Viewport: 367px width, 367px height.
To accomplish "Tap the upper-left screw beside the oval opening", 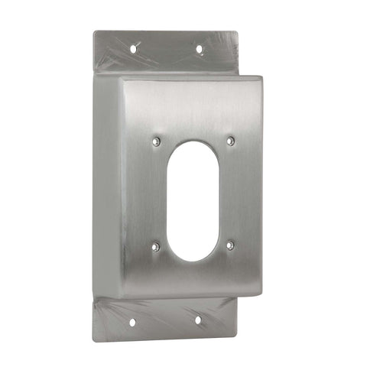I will pos(156,141).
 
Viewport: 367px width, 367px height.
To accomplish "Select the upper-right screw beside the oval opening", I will pos(230,140).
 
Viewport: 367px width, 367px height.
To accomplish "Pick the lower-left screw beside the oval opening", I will pos(156,245).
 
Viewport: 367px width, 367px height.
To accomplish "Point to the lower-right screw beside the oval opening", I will pos(230,245).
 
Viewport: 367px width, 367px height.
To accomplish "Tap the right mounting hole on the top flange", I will pos(200,49).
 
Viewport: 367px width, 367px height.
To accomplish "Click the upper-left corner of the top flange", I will pos(94,31).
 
